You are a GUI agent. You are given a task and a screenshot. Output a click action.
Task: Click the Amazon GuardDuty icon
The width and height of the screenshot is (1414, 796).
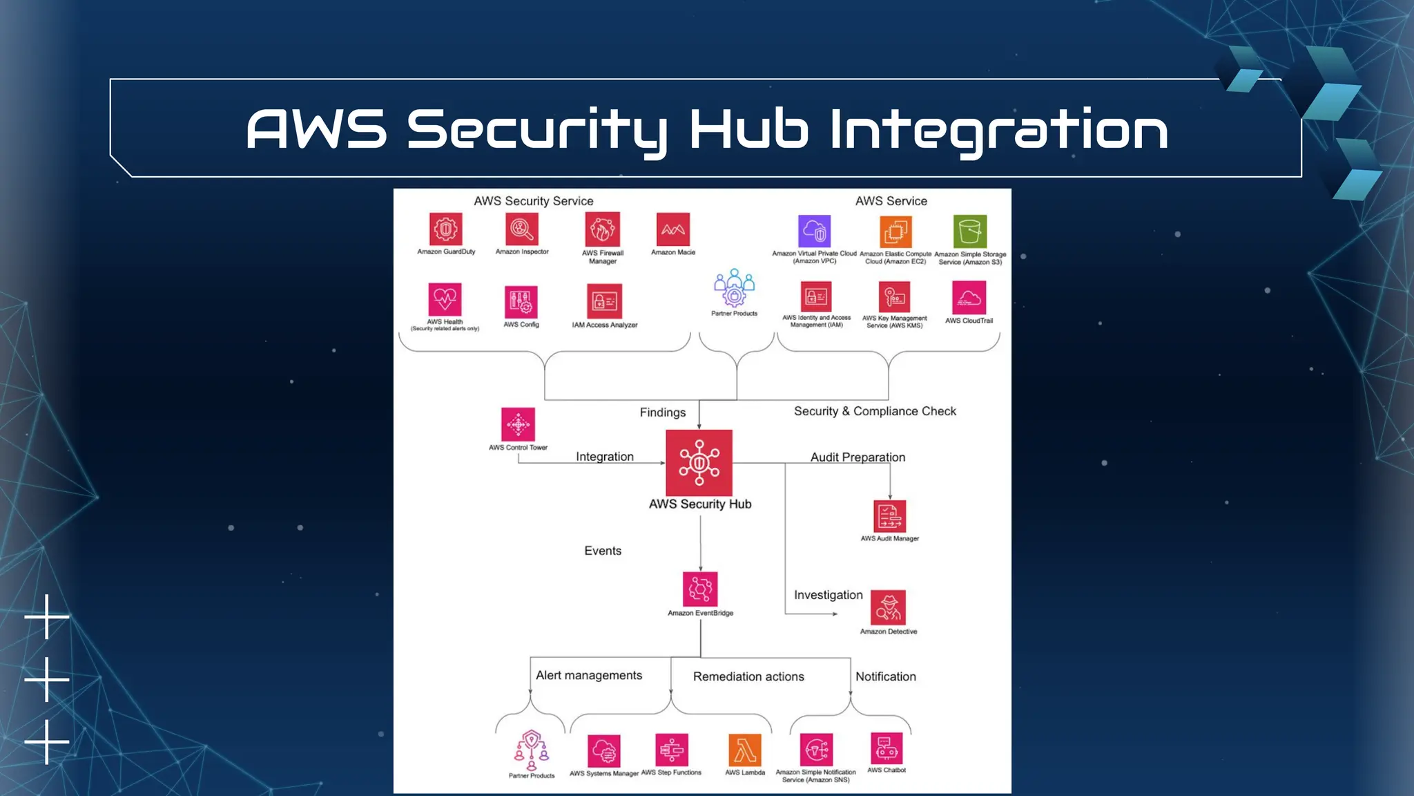pyautogui.click(x=445, y=229)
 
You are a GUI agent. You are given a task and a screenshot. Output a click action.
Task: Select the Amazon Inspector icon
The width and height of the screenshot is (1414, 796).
pyautogui.click(x=522, y=229)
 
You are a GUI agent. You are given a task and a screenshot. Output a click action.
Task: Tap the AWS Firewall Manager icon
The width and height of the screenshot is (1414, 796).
pyautogui.click(x=602, y=229)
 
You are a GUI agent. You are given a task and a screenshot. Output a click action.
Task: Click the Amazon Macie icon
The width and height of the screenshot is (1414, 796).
pyautogui.click(x=673, y=229)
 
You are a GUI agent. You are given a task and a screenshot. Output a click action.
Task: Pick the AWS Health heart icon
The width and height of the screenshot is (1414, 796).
pyautogui.click(x=445, y=299)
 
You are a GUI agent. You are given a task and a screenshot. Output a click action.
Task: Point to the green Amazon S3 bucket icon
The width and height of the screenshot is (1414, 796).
pyautogui.click(x=970, y=231)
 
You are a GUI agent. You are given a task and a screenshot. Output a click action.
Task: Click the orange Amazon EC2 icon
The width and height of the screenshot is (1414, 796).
pyautogui.click(x=895, y=231)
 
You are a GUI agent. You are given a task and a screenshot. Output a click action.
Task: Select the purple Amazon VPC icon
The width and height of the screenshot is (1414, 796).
pyautogui.click(x=815, y=231)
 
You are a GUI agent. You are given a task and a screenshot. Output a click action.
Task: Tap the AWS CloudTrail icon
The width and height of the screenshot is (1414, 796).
pyautogui.click(x=969, y=297)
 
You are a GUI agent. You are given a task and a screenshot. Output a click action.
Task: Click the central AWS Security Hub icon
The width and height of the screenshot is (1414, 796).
pyautogui.click(x=699, y=463)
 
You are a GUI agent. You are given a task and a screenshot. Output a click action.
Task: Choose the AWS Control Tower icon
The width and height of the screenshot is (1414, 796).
pyautogui.click(x=518, y=424)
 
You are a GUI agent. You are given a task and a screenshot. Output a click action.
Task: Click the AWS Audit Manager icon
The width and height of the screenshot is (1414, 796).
pyautogui.click(x=889, y=516)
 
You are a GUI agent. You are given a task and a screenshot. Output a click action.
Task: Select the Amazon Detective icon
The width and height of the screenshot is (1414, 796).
pyautogui.click(x=888, y=607)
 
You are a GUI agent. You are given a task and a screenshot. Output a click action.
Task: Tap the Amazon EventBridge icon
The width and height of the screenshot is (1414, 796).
pyautogui.click(x=700, y=589)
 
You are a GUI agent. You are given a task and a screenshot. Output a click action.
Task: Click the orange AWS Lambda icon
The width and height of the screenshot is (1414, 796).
pyautogui.click(x=745, y=750)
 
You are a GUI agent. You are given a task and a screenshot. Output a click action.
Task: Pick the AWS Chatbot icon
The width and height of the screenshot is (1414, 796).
pyautogui.click(x=887, y=749)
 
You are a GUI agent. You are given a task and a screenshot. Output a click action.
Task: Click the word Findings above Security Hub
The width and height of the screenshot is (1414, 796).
pyautogui.click(x=662, y=413)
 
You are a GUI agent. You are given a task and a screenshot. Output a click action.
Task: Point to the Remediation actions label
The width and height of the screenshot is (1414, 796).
pyautogui.click(x=748, y=676)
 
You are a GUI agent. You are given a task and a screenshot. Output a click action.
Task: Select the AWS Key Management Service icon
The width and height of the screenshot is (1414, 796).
pyautogui.click(x=895, y=297)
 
